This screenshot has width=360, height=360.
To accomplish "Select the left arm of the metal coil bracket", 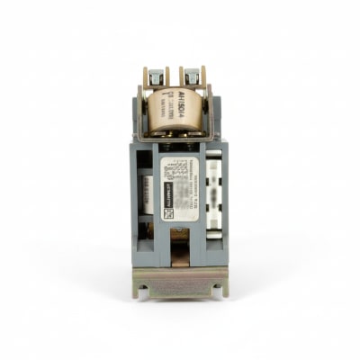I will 145,112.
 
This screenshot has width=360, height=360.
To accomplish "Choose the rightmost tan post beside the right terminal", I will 204,76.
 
